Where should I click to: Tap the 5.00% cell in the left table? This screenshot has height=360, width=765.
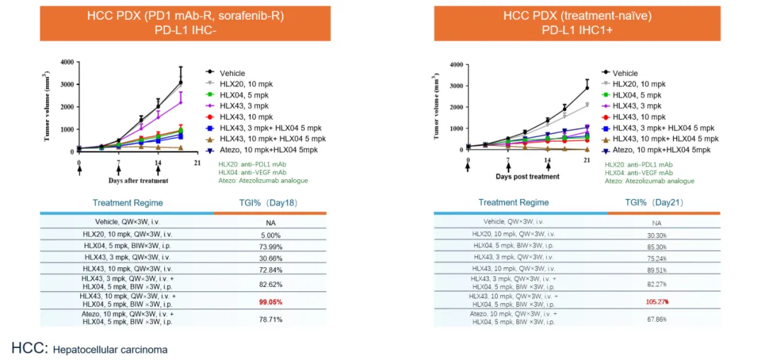click(269, 235)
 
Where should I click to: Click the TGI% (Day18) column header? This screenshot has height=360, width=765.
click(269, 203)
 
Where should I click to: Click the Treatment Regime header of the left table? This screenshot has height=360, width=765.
click(127, 203)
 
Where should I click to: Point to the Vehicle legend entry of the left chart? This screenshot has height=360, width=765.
click(233, 72)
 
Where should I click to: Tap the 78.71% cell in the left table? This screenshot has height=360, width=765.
click(269, 319)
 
